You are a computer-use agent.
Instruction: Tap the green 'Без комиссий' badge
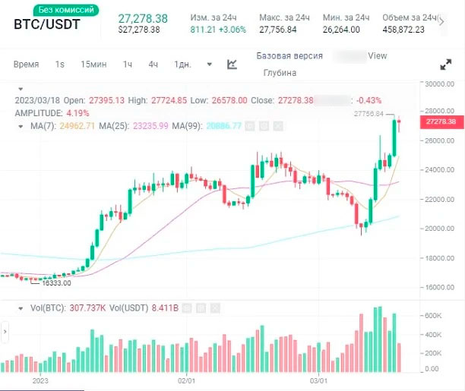(66, 10)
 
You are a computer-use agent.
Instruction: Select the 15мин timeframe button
(93, 65)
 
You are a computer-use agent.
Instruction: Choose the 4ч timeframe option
(153, 65)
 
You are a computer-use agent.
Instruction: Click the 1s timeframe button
(60, 65)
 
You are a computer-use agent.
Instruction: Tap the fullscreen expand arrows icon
(446, 65)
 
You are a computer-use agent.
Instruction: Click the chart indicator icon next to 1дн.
(232, 65)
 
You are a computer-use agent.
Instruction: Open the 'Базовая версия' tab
(289, 56)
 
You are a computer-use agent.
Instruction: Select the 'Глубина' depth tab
(280, 73)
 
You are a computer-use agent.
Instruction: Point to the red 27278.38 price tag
(441, 121)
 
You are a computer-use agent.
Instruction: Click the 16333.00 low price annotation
(55, 283)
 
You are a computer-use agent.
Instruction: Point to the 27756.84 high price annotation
(370, 114)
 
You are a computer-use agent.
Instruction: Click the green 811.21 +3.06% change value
(217, 29)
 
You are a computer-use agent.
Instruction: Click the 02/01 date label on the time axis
(187, 380)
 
